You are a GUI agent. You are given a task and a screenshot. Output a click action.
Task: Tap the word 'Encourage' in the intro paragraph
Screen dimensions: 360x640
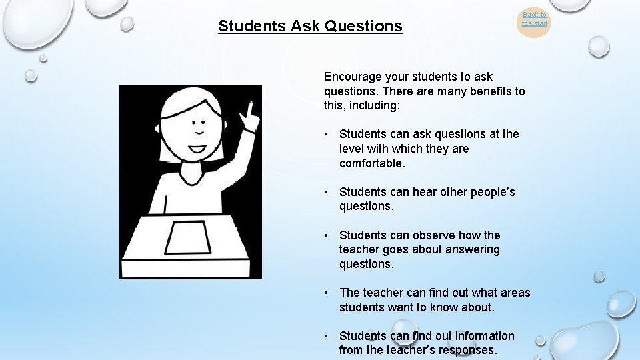pyautogui.click(x=352, y=77)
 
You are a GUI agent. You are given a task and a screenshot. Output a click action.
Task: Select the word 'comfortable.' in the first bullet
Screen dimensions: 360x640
pyautogui.click(x=372, y=163)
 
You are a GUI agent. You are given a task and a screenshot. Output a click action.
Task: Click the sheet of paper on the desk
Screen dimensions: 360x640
pyautogui.click(x=189, y=237)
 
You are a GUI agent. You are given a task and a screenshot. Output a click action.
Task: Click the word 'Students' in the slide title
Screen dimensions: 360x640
pyautogui.click(x=251, y=27)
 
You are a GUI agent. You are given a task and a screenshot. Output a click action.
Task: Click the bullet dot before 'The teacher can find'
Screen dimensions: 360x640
pyautogui.click(x=327, y=293)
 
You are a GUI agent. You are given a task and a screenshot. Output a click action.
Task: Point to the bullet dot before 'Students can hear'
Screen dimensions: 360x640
pyautogui.click(x=327, y=192)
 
